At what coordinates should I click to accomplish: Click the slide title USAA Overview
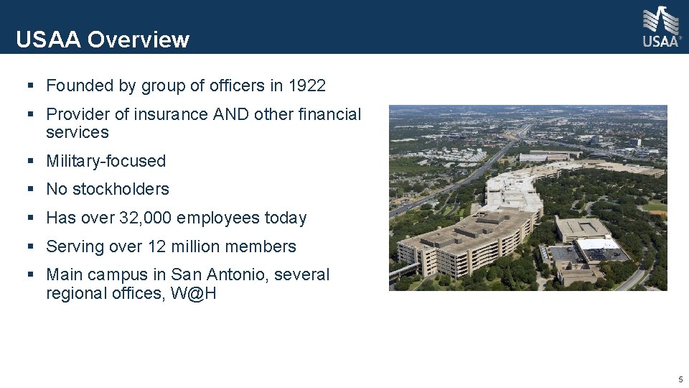(103, 40)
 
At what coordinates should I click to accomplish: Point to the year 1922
(307, 86)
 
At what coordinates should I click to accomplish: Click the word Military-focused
(106, 161)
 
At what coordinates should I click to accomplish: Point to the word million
(197, 246)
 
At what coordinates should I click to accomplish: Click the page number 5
(680, 379)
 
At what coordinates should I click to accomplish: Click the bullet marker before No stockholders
(30, 190)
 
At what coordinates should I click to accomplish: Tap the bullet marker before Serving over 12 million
(30, 246)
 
